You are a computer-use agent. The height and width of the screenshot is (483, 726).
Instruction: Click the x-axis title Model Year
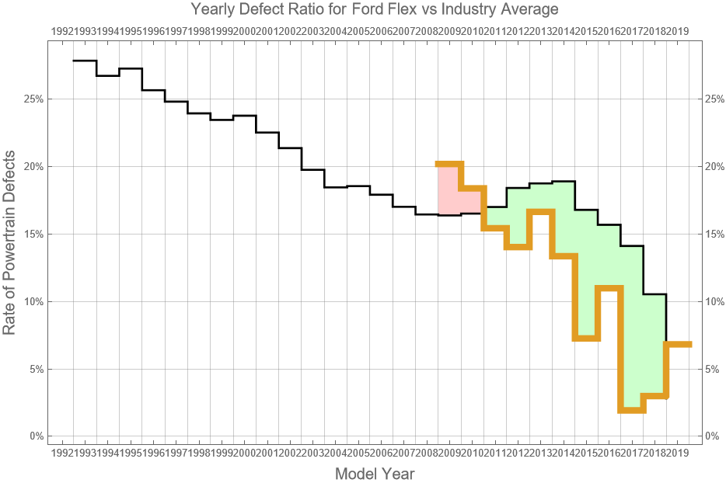click(x=374, y=474)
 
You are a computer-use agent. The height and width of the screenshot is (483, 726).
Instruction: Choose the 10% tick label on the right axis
click(x=714, y=301)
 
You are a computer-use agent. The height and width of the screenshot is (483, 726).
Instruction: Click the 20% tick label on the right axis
click(x=714, y=167)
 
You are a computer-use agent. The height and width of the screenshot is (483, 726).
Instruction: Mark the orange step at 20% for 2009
click(x=449, y=164)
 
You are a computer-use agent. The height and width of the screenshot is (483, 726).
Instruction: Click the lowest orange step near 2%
click(x=632, y=410)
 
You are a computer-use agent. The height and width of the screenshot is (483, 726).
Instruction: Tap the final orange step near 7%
click(x=679, y=344)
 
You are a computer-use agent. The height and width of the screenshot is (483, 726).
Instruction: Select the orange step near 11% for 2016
click(x=609, y=288)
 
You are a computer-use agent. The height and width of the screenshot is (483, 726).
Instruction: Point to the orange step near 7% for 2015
click(x=586, y=338)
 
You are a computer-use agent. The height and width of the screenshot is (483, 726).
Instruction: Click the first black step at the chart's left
click(x=84, y=61)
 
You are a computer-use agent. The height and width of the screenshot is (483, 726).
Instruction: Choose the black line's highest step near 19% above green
click(x=564, y=182)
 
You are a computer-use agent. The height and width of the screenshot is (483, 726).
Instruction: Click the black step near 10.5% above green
click(x=654, y=294)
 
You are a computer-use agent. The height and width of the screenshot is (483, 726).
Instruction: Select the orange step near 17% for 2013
click(x=540, y=210)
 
